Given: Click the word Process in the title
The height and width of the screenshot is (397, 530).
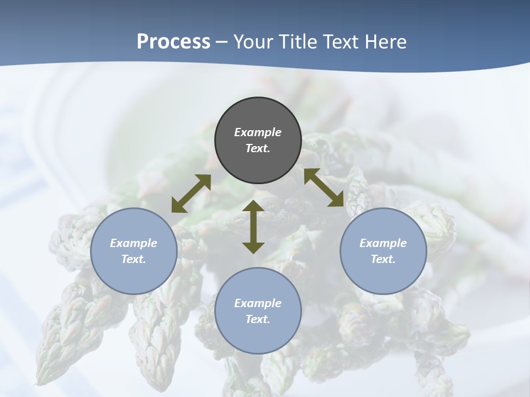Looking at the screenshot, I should [x=173, y=42].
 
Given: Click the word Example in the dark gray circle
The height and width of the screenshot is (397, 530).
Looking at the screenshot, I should [x=258, y=132].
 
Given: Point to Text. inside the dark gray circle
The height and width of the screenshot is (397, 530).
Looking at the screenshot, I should [x=258, y=148].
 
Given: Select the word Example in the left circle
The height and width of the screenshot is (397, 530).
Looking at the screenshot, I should [x=134, y=243].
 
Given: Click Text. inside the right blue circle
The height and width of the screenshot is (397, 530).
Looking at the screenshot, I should [x=383, y=259].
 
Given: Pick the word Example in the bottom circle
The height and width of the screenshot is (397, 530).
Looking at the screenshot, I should [x=258, y=303].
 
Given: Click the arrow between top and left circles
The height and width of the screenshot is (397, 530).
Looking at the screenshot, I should [x=191, y=194].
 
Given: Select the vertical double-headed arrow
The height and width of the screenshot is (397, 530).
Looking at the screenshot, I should [x=253, y=227].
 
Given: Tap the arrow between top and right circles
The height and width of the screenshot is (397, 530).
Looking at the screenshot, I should [x=324, y=187].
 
